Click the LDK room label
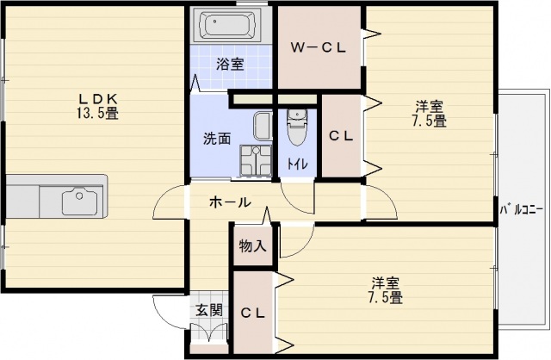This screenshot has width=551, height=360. point(96,99)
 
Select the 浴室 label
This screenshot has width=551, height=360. point(229,64)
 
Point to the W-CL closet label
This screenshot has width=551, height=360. point(318,47)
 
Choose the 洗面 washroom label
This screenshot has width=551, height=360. point(216,138)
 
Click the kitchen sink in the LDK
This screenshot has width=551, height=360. point(83,201)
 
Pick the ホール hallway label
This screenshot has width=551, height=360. point(230,203)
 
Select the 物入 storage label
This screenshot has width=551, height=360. point(252,246)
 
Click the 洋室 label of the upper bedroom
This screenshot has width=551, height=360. point(428,108)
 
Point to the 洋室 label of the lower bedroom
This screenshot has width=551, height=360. point(385,283)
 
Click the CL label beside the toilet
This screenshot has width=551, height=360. point(342,136)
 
